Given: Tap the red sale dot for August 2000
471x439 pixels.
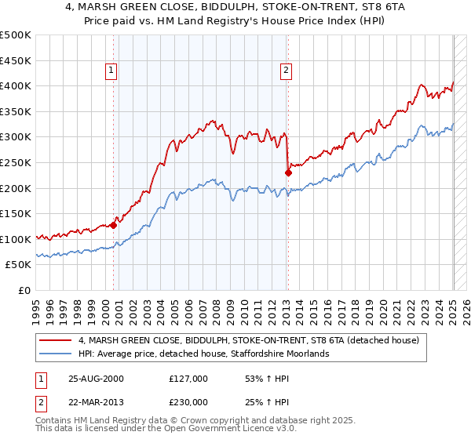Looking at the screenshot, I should [113, 225].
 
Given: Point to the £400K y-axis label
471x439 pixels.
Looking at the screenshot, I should [16, 86].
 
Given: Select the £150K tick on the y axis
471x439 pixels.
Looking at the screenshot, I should [16, 214].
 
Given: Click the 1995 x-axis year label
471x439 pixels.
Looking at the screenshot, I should [35, 308].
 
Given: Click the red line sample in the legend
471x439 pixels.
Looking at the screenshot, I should [57, 340].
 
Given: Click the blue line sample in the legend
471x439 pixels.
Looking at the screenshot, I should [57, 354].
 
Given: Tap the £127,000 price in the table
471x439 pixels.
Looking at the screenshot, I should [188, 379].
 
